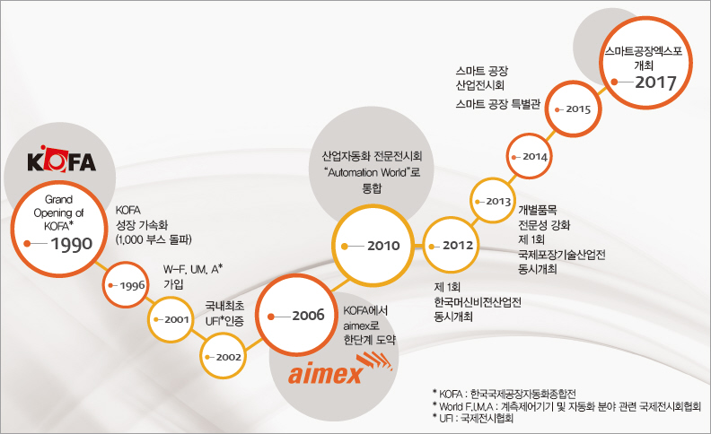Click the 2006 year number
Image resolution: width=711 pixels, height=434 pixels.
point(307,316)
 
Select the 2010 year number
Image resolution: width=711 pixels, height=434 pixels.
point(384,246)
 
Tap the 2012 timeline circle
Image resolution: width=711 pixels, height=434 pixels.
point(453,245)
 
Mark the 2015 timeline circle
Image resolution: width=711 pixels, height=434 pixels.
point(574,108)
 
